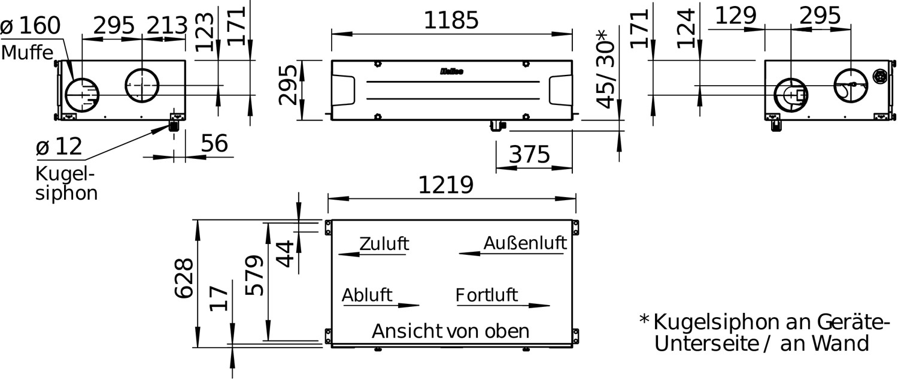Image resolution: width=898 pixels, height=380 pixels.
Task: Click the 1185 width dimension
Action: (451, 20)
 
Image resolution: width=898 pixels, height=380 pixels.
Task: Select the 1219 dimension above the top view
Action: (446, 185)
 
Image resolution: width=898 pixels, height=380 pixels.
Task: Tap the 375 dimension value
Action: (529, 154)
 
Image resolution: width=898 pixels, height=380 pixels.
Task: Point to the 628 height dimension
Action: (184, 278)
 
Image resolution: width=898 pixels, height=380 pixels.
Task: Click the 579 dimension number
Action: (254, 275)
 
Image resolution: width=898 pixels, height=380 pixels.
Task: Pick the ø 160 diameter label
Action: (31, 26)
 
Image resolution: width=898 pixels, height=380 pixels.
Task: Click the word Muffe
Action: (28, 53)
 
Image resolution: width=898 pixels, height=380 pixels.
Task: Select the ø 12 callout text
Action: (59, 146)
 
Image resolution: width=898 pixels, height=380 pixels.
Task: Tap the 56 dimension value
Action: (214, 143)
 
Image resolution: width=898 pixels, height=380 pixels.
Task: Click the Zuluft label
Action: (384, 243)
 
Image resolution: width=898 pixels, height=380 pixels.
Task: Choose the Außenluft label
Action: (525, 243)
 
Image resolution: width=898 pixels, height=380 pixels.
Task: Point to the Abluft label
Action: (367, 295)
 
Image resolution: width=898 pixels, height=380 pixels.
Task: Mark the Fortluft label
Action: (487, 295)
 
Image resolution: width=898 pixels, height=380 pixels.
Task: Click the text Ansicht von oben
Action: (451, 331)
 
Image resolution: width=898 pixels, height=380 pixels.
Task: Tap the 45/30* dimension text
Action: (606, 69)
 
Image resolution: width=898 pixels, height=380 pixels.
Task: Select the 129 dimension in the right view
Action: (736, 16)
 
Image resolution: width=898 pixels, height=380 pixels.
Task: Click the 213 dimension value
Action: (167, 26)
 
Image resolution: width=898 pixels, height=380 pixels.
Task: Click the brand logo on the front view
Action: (452, 71)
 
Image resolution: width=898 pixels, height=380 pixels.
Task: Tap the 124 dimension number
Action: (685, 29)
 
